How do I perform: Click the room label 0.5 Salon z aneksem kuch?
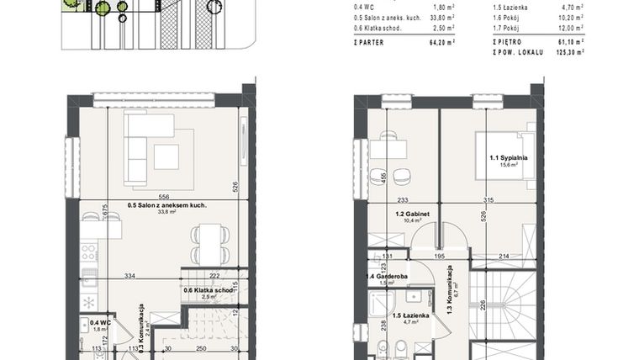[x=167, y=204]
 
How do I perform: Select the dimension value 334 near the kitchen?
[x=129, y=274]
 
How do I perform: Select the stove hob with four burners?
[x=90, y=251]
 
